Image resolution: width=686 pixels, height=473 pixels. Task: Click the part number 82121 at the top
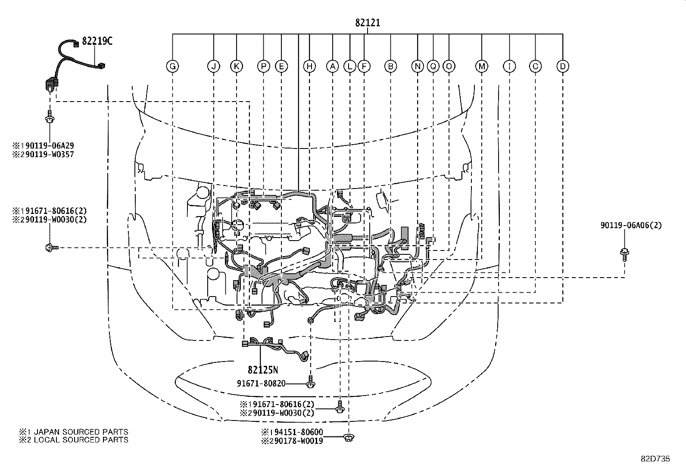point(368,23)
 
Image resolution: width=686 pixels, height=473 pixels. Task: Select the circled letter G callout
point(172,66)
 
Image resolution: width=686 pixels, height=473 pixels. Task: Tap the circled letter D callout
point(563,66)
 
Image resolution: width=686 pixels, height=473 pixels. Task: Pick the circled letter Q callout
point(433,66)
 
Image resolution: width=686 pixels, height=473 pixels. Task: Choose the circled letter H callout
point(309,66)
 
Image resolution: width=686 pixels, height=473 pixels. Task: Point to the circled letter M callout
point(481,66)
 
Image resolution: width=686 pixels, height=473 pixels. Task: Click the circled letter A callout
point(332,66)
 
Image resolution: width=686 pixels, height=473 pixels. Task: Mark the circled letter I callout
point(509,66)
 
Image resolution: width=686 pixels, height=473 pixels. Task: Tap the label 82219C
point(97,41)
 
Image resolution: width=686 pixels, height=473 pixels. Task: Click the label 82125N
point(263,370)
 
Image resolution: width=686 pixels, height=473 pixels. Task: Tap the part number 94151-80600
point(297,432)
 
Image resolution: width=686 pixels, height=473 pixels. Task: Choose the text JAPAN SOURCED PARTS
point(81,432)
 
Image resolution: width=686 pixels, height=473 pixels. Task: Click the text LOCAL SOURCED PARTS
point(81,440)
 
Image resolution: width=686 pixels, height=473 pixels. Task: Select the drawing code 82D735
point(655,459)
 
